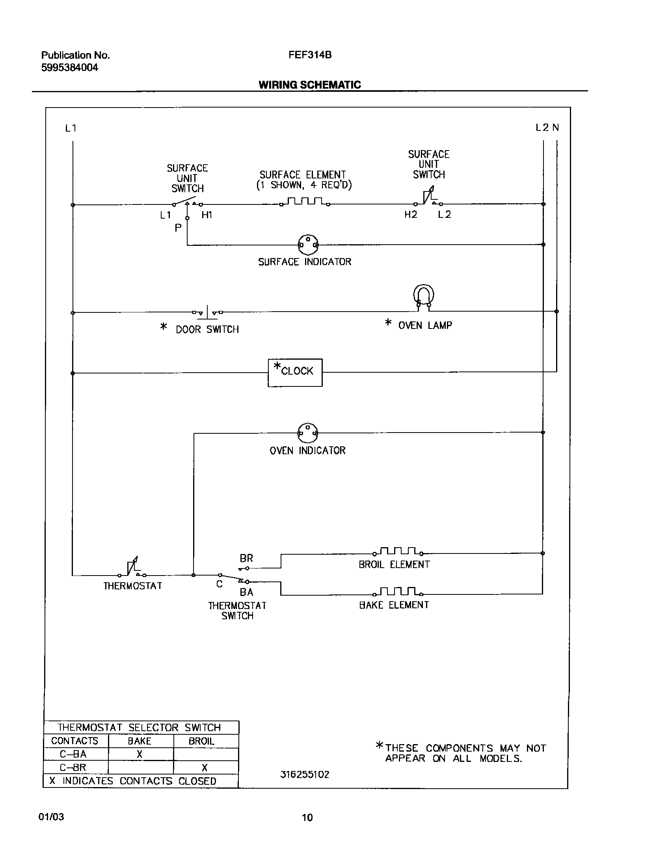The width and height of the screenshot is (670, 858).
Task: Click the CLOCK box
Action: point(295,372)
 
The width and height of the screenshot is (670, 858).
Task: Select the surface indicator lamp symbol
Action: point(308,245)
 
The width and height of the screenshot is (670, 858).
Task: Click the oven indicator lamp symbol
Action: point(308,433)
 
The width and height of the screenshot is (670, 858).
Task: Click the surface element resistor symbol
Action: point(305,202)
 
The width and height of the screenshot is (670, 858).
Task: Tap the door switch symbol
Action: point(207,312)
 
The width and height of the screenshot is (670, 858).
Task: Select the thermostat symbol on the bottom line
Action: point(132,569)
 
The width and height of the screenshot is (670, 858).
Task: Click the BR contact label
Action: point(246,558)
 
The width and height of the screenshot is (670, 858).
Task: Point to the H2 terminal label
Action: point(411,215)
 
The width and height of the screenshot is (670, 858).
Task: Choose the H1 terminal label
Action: point(207,215)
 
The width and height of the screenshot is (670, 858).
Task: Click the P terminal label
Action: point(178,228)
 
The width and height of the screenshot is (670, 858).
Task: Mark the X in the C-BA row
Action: point(140,754)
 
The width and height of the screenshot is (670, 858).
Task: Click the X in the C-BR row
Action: point(205,767)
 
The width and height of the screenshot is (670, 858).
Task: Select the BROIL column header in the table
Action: point(201,741)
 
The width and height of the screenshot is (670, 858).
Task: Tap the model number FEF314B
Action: point(310,55)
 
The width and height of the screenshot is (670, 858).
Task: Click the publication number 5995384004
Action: point(70,68)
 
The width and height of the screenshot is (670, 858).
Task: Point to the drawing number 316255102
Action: point(305,774)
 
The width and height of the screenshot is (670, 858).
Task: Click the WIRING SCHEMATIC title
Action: point(310,85)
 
